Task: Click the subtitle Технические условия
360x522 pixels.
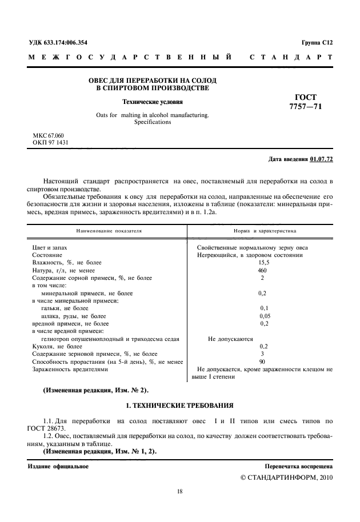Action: click(152, 103)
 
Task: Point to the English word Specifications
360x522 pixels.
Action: click(152, 122)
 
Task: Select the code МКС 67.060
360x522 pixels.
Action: click(49, 135)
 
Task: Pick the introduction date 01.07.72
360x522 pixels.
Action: click(321, 158)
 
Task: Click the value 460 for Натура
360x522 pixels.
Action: click(262, 270)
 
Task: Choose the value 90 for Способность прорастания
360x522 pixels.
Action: click(262, 362)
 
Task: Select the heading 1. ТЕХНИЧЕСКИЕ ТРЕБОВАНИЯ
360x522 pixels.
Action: click(179, 405)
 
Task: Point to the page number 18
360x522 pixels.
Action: click(179, 491)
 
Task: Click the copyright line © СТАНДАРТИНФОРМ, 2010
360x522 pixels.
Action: click(283, 477)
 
